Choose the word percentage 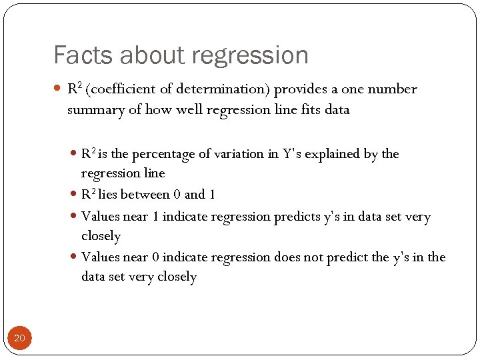coord(161,154)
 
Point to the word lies coord(109,195)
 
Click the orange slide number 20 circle coord(19,339)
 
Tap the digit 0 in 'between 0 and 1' coord(176,195)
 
